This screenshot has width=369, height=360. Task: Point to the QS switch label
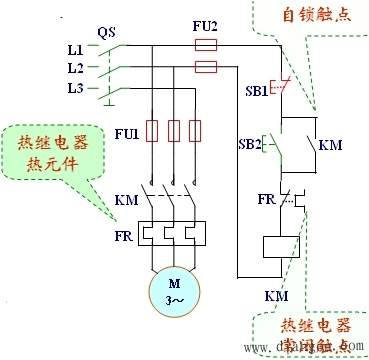click(x=107, y=30)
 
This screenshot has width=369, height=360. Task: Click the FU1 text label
click(x=126, y=131)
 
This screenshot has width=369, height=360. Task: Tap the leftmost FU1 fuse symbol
click(x=153, y=130)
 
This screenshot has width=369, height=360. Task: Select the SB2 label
click(x=250, y=143)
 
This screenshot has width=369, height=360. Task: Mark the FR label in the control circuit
click(x=265, y=198)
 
